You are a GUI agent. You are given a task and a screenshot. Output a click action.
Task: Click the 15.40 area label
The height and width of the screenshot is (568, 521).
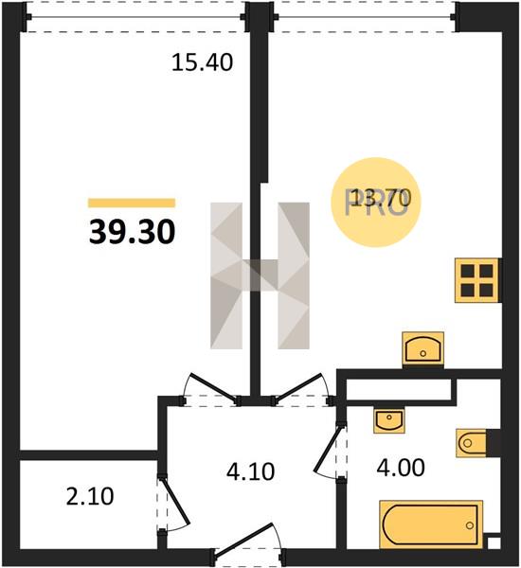202,62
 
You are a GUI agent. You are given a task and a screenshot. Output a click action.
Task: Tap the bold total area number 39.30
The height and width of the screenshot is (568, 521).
133,232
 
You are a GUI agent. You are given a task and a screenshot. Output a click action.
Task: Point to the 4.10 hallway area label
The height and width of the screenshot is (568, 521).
250,472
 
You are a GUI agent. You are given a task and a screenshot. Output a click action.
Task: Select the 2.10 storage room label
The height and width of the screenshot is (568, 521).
90,496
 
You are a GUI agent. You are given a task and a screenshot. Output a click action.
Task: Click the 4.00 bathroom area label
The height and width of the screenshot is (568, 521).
401,468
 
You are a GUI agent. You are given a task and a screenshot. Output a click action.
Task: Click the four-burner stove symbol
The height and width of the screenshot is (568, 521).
477,280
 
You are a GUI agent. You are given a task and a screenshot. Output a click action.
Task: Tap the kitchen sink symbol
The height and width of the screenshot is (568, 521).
423,348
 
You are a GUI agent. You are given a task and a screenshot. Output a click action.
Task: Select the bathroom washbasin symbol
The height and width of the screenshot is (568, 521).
389,421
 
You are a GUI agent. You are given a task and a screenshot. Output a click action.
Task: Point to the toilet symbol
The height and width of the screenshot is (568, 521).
472,443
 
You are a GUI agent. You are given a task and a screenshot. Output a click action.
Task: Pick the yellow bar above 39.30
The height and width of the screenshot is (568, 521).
132,203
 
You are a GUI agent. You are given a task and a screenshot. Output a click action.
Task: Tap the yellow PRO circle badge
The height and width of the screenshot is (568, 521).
376,203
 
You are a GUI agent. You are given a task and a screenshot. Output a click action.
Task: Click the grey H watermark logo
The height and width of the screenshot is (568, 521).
260,275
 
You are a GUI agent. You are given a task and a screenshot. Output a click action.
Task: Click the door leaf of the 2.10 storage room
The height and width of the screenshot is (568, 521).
175,502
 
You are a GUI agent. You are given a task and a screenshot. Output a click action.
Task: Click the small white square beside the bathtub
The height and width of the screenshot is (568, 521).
494,542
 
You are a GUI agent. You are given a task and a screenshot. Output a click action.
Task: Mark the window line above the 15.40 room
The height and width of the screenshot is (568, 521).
135,17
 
